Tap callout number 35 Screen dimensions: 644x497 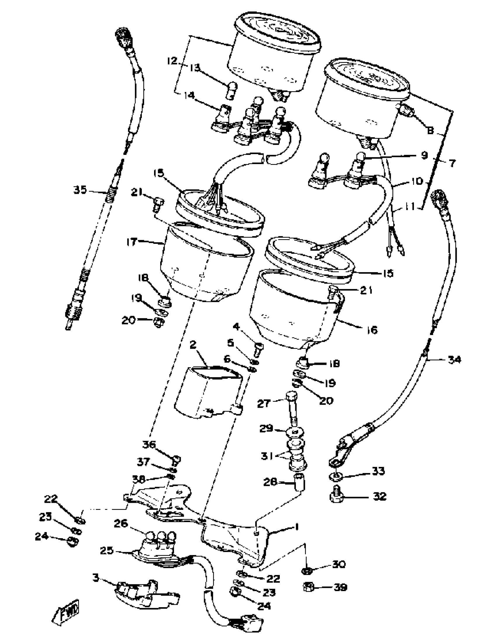click(x=80, y=190)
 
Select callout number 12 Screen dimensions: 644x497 click(x=172, y=61)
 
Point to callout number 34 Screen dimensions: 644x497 click(x=454, y=360)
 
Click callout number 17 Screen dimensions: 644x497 click(x=132, y=242)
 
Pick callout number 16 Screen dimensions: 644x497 click(x=372, y=330)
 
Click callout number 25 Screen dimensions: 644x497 click(x=107, y=550)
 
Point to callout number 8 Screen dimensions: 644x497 click(x=430, y=130)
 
